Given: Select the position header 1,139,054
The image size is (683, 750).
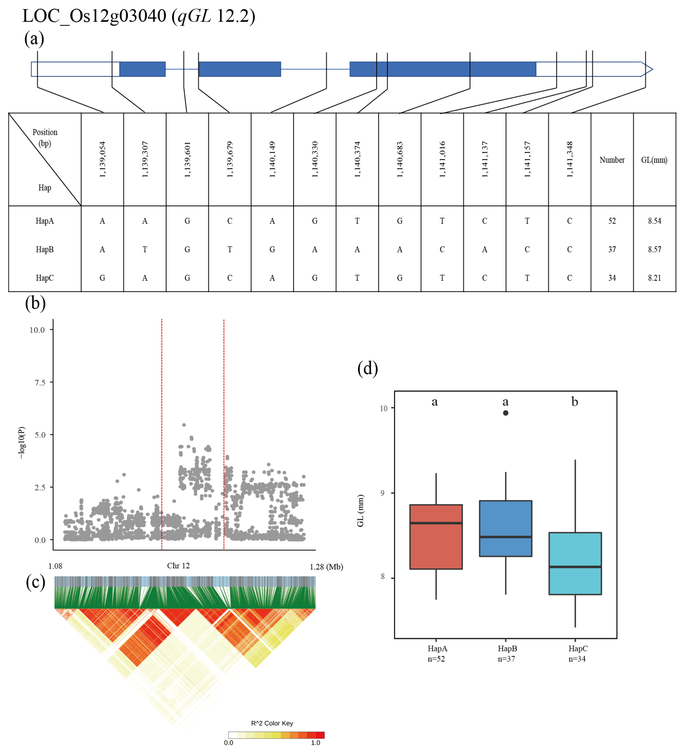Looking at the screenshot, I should (x=102, y=159).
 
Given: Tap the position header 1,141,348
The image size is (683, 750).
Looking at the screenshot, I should (x=570, y=159).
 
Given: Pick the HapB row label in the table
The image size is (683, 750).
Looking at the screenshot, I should (x=45, y=249).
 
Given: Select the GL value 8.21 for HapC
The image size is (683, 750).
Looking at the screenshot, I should (x=654, y=278).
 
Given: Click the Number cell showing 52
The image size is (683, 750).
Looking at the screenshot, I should (x=612, y=221).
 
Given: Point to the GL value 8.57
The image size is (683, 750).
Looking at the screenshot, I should (x=654, y=249).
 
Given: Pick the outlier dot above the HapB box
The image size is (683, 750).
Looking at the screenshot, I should (x=506, y=413).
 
